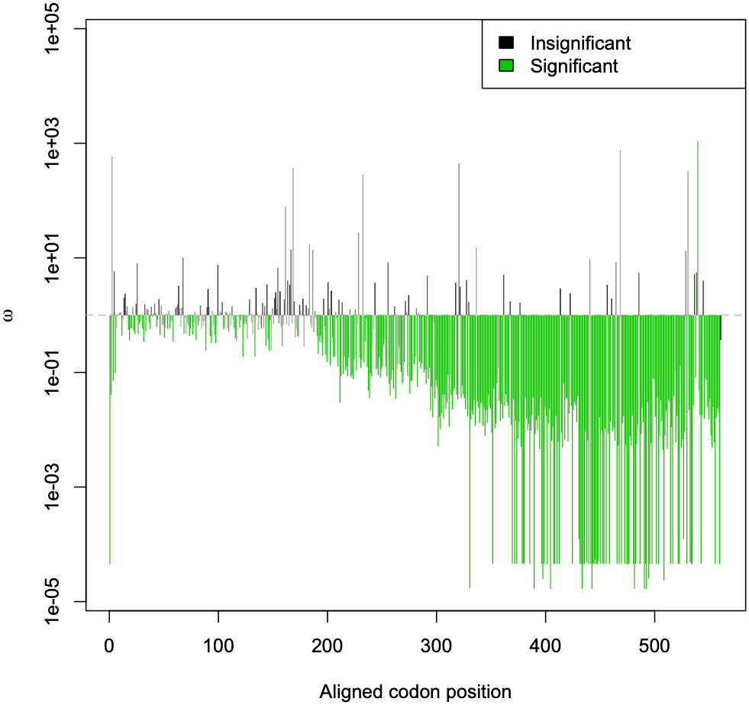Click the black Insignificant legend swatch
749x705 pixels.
tap(505, 42)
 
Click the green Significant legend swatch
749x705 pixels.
tap(505, 66)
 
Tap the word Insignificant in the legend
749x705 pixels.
tap(580, 42)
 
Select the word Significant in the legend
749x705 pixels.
tap(574, 66)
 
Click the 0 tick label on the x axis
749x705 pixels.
tap(110, 639)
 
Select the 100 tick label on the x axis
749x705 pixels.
tap(218, 639)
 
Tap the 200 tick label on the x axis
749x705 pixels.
tap(328, 639)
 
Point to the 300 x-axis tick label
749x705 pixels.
tap(437, 639)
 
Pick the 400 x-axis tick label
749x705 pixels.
tap(545, 639)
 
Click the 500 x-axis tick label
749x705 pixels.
tap(654, 639)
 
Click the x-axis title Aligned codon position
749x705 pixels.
tap(415, 692)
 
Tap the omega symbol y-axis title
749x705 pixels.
tap(9, 315)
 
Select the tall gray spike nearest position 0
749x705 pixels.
tap(112, 229)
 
